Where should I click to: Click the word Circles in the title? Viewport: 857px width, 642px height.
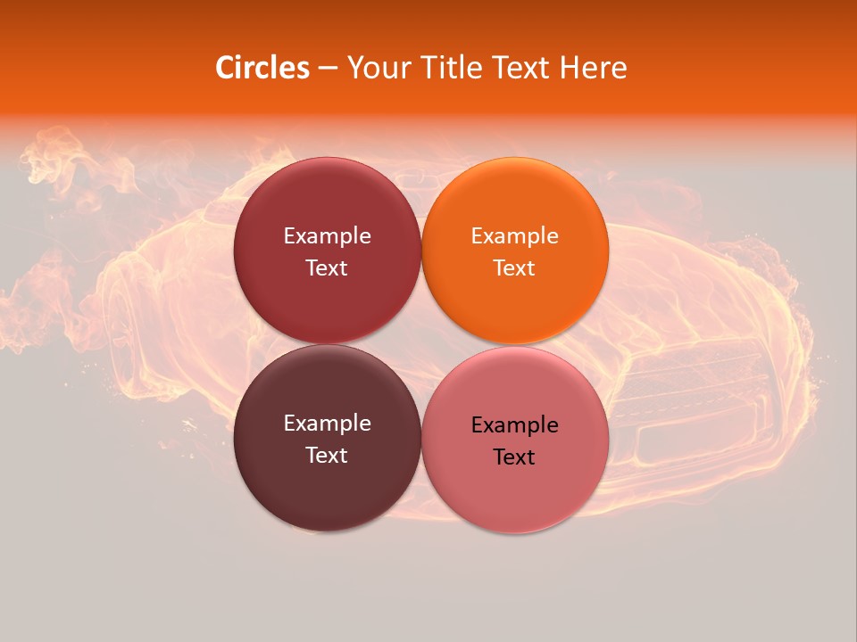click(262, 68)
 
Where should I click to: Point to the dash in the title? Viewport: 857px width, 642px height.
click(327, 69)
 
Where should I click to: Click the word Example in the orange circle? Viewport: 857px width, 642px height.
click(514, 236)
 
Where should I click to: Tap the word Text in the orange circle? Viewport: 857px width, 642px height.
click(514, 268)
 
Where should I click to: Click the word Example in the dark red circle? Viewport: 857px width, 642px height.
click(327, 236)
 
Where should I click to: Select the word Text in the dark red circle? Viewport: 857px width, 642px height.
click(327, 268)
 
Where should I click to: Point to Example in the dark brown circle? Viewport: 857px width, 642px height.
click(327, 424)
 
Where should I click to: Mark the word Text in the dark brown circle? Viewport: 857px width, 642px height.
click(327, 456)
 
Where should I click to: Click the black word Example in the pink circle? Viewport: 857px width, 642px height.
click(514, 425)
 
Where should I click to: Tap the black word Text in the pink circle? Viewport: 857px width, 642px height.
click(514, 457)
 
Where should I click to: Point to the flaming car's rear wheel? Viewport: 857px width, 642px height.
click(134, 357)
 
